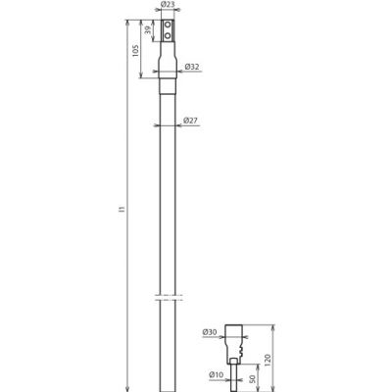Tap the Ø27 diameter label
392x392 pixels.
(191, 121)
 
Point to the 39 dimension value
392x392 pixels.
(148, 32)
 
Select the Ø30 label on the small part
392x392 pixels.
(212, 333)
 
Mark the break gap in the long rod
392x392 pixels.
(168, 297)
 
